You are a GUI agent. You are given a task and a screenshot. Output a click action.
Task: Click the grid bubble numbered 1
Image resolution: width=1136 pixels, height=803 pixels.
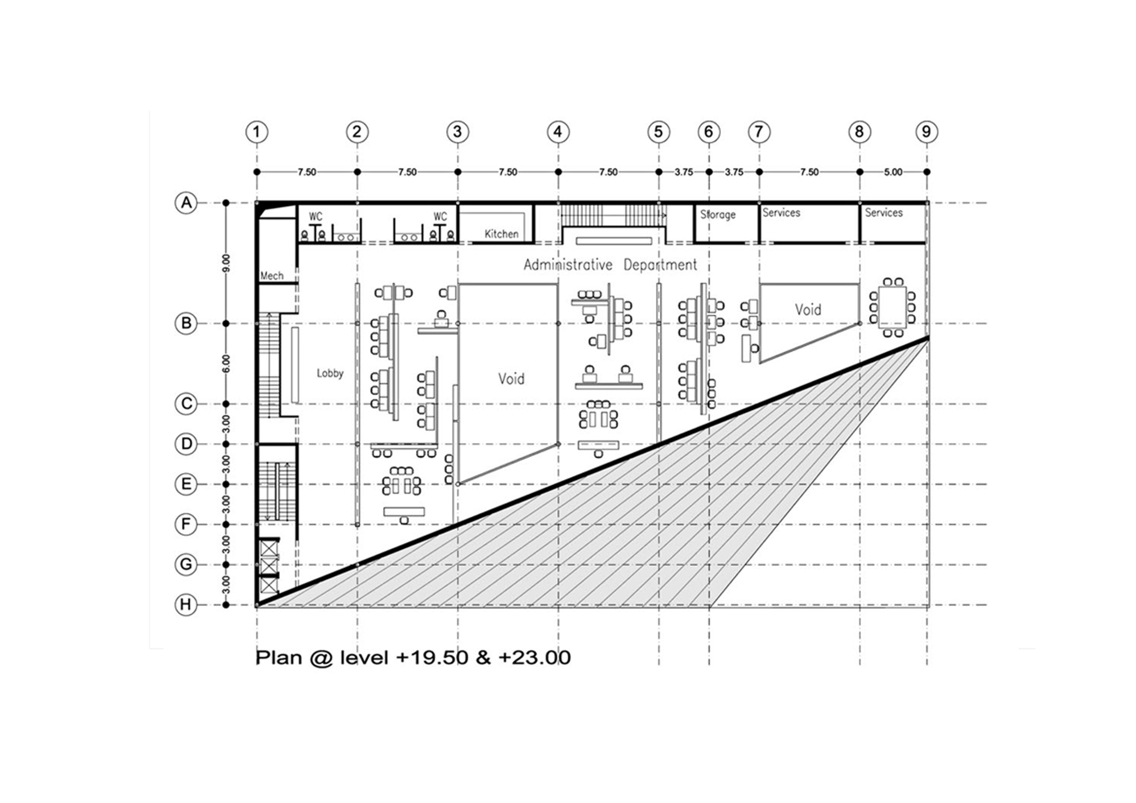pyautogui.click(x=256, y=132)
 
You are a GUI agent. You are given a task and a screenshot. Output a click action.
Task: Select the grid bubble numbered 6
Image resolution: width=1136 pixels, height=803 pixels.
pyautogui.click(x=708, y=132)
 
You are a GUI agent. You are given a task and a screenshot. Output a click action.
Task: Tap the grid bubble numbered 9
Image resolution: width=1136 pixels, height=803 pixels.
pyautogui.click(x=926, y=132)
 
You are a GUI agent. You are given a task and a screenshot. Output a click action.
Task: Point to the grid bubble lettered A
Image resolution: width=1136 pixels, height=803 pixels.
pyautogui.click(x=186, y=203)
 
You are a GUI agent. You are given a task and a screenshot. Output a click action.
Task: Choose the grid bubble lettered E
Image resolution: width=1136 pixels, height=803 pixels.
pyautogui.click(x=186, y=484)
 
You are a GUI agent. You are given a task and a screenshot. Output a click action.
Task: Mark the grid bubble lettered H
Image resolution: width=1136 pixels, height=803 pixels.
pyautogui.click(x=186, y=604)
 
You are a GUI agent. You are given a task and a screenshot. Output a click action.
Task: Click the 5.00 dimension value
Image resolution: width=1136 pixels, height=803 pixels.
pyautogui.click(x=893, y=172)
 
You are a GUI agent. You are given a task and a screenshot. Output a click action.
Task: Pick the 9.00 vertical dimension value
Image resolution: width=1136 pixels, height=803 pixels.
pyautogui.click(x=226, y=263)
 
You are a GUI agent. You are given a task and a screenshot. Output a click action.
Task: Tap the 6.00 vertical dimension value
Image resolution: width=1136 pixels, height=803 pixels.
pyautogui.click(x=226, y=364)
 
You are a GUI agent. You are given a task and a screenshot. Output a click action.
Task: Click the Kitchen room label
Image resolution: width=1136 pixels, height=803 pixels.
pyautogui.click(x=501, y=234)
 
